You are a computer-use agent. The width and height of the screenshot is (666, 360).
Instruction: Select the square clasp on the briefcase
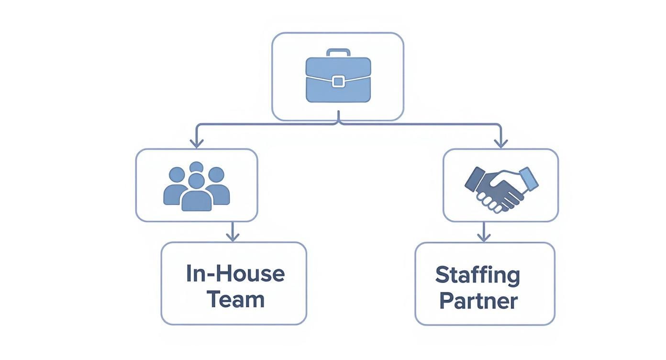[338, 81]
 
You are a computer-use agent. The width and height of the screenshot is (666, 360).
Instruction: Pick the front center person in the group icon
[197, 194]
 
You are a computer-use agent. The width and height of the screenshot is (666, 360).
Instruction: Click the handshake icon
[501, 188]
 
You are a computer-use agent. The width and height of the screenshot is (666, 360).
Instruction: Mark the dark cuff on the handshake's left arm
[474, 177]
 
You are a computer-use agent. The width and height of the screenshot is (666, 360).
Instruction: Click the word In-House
[235, 274]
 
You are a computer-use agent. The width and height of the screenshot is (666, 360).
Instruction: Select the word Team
[235, 299]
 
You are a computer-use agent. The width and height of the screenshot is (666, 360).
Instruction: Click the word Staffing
[477, 276]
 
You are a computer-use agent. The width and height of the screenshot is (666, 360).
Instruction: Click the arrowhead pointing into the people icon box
[197, 143]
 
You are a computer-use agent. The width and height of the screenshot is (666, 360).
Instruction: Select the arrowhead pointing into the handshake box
[501, 143]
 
